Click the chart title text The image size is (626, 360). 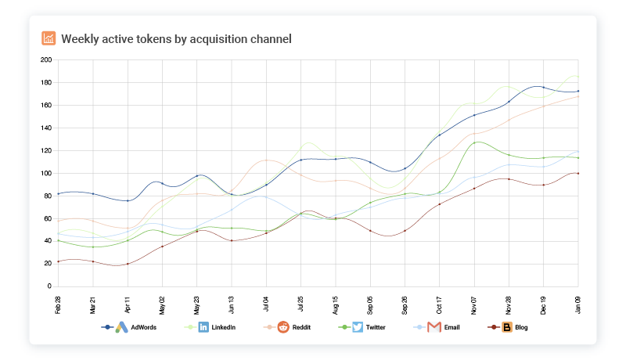176,38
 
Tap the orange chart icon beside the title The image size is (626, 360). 49,38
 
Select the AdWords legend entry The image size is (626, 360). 144,327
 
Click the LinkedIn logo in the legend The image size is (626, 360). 203,327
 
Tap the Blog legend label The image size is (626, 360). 521,327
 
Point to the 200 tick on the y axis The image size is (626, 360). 46,60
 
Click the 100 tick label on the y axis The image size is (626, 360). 46,173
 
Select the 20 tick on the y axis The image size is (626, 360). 48,264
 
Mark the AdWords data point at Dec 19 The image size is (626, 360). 544,88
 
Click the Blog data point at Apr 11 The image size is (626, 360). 128,264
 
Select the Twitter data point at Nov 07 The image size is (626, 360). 474,143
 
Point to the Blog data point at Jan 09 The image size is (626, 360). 578,174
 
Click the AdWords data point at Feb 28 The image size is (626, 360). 58,194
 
